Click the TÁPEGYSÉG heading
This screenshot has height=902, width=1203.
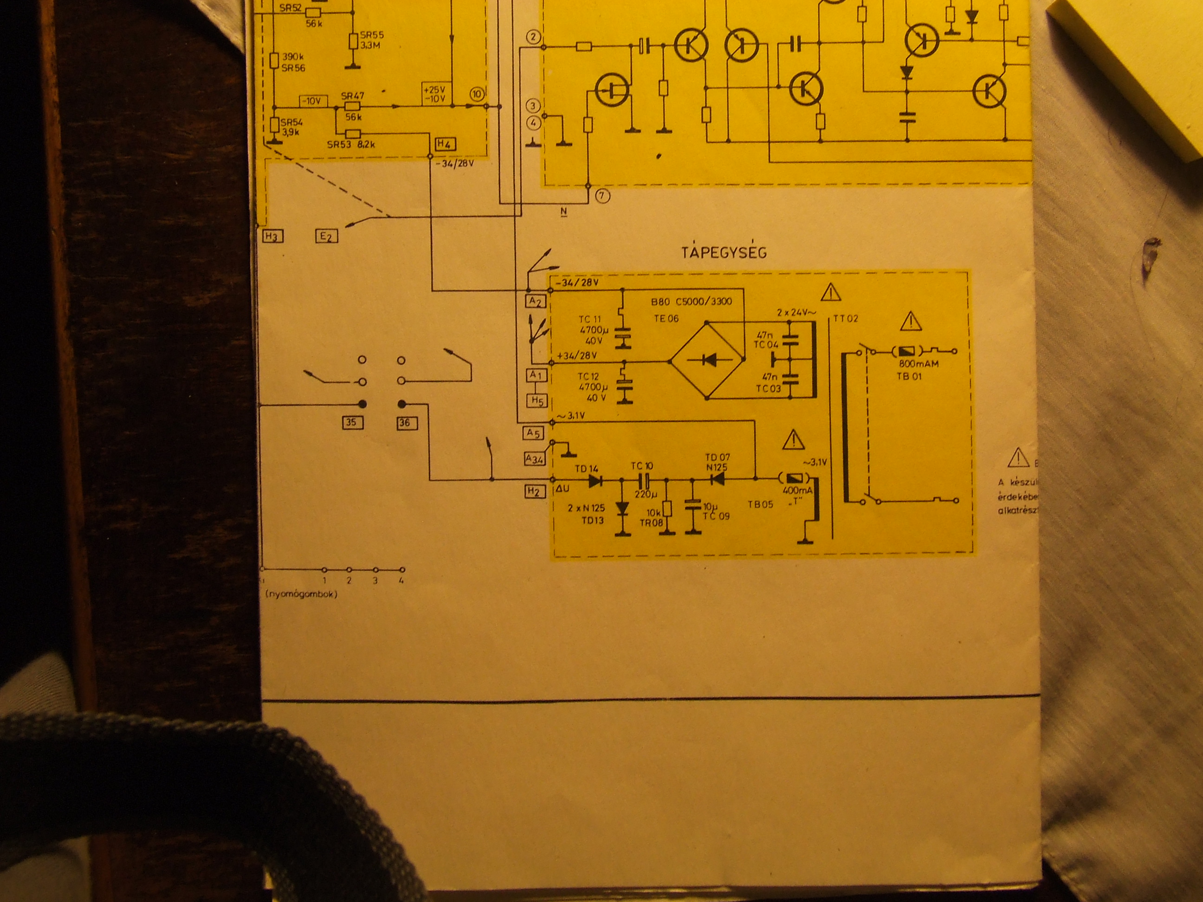pyautogui.click(x=724, y=252)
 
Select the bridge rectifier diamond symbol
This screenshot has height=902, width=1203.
pyautogui.click(x=707, y=360)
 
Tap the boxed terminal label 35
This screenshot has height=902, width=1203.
pyautogui.click(x=352, y=422)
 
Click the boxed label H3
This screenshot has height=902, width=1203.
pyautogui.click(x=272, y=236)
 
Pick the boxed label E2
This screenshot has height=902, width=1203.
pyautogui.click(x=326, y=236)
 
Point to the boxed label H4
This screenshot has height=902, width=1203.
pyautogui.click(x=446, y=144)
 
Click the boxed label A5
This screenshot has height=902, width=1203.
pyautogui.click(x=534, y=433)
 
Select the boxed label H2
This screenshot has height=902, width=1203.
pyautogui.click(x=534, y=491)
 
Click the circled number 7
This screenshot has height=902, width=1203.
pyautogui.click(x=602, y=196)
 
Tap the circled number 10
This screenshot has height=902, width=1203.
pyautogui.click(x=476, y=94)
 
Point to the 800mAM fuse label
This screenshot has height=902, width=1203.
pyautogui.click(x=918, y=364)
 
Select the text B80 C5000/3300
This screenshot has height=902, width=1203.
pyautogui.click(x=691, y=302)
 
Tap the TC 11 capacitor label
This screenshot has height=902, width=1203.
pyautogui.click(x=589, y=319)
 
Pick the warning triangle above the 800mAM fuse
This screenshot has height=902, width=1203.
pyautogui.click(x=911, y=322)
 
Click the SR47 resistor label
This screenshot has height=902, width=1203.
pyautogui.click(x=352, y=96)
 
